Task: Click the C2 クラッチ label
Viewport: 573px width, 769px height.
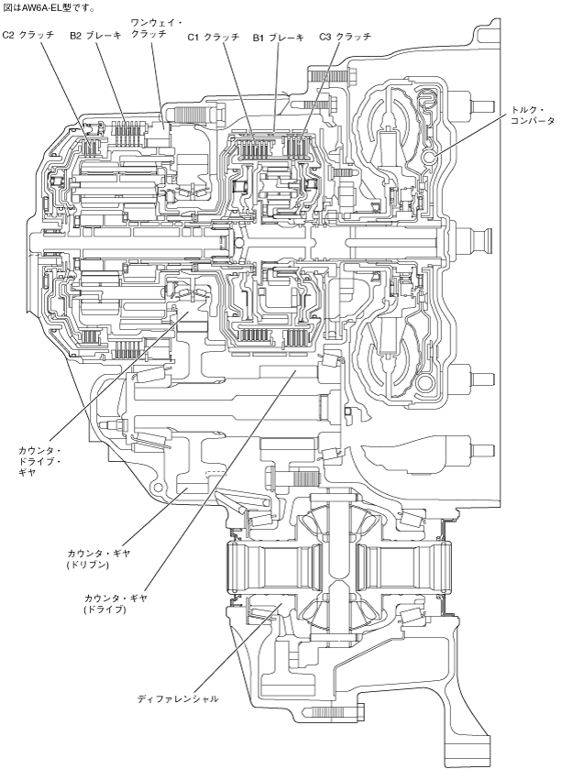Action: pos(28,35)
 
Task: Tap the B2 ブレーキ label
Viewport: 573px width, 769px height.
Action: pos(96,35)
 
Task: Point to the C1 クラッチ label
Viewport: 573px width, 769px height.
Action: pos(214,37)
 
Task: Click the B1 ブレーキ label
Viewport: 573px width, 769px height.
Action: pos(278,37)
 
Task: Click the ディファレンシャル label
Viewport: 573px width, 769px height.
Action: pos(178,698)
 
